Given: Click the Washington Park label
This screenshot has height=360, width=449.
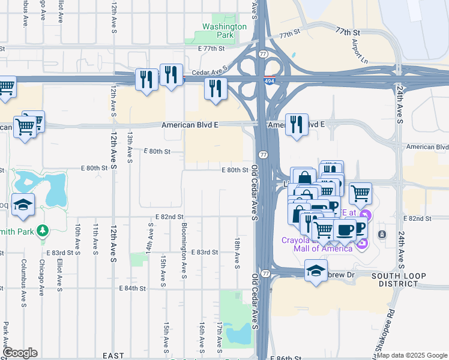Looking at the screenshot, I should coord(224,31).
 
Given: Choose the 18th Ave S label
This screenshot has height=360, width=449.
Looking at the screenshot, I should coord(237,251).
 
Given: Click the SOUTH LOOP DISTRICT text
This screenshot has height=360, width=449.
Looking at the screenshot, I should coord(399,281).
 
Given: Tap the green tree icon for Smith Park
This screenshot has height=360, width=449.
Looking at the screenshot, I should coord(42,230).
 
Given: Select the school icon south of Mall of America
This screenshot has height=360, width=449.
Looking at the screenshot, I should coord(316,271).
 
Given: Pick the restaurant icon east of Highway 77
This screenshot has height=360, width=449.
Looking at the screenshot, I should coord(297,125).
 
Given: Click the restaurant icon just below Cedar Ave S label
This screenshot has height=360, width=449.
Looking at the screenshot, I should coord(214,89).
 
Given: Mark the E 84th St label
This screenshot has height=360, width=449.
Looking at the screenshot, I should coord(133,289).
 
